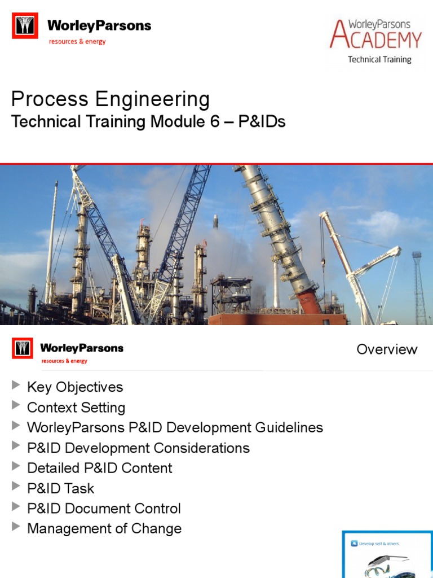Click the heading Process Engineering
[x=111, y=99]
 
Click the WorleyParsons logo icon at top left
[x=25, y=26]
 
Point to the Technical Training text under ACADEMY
[x=379, y=59]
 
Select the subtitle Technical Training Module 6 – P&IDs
[x=148, y=121]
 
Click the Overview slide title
[x=387, y=349]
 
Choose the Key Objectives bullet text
[x=75, y=387]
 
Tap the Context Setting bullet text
[x=76, y=408]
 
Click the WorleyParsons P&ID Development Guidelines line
[x=175, y=427]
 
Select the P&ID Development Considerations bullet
[x=138, y=448]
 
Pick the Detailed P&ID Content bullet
[x=100, y=468]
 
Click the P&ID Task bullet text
[x=61, y=488]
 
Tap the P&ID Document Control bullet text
[x=104, y=509]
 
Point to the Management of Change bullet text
[x=104, y=529]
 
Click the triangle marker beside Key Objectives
[x=15, y=386]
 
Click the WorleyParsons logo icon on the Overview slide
[x=23, y=349]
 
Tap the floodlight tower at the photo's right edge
[x=419, y=285]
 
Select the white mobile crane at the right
[x=361, y=265]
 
